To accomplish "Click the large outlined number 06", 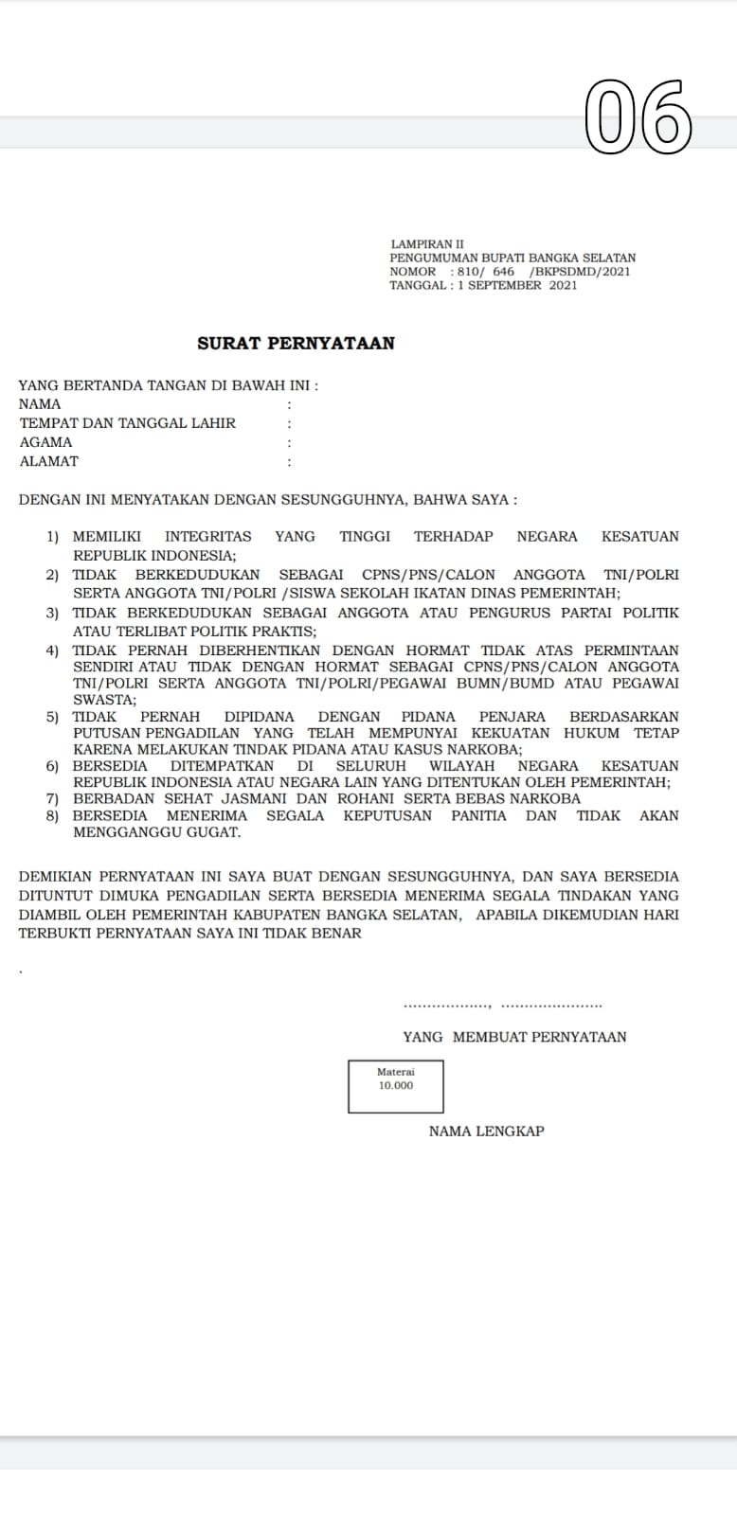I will coord(638,117).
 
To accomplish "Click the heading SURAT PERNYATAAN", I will coord(296,344).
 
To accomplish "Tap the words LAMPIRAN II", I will coord(427,244).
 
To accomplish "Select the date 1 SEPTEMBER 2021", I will coord(517,285).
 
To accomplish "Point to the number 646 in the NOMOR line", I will coord(503,272).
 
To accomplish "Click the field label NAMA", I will coord(40,404).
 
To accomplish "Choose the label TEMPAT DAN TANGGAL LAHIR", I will coord(128,423).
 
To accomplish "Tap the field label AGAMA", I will coord(45,442).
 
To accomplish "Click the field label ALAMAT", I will coord(49,461).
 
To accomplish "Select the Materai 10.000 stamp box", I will coord(396,1086).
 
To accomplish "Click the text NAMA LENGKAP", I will coord(486,1132).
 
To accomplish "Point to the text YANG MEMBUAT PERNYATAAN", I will coord(514,1037).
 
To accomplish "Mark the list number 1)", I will coord(53,537).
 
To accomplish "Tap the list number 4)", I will coord(53,651).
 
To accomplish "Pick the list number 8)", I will coord(53,815).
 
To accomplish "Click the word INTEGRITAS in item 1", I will coord(208,537).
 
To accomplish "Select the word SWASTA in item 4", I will coord(103,700).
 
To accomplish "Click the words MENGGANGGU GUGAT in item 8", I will coord(157,832).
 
